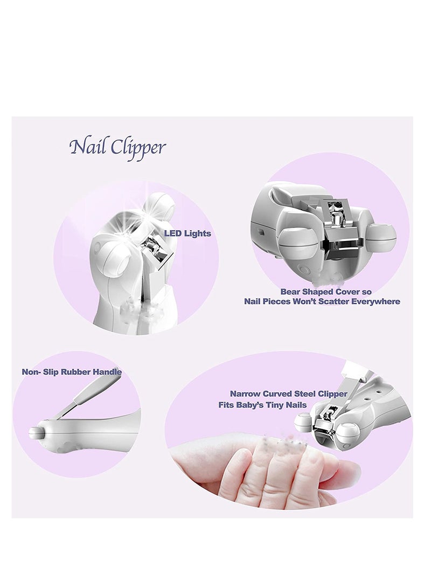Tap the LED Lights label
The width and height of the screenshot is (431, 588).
[187, 233]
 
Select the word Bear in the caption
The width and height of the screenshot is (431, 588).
[291, 292]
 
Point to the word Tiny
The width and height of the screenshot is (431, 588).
[284, 405]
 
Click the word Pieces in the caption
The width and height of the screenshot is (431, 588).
[280, 301]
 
